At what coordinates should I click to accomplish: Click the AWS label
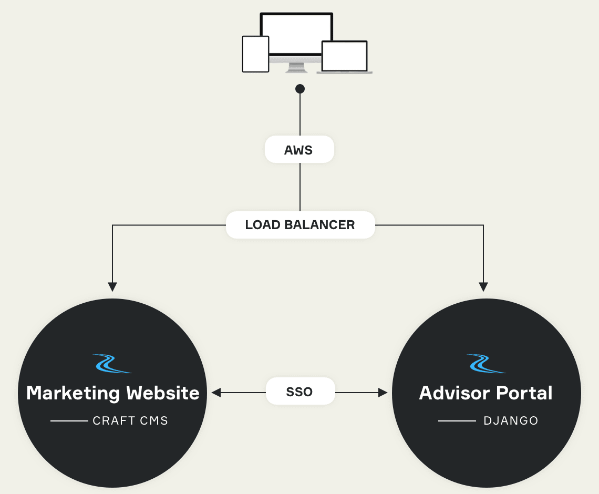click(x=299, y=150)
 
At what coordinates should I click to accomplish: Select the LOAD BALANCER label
click(x=300, y=225)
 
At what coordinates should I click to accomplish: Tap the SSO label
click(x=299, y=392)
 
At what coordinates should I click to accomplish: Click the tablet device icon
click(x=255, y=54)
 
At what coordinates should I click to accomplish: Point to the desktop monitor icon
click(x=297, y=34)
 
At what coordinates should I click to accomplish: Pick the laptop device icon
click(x=345, y=57)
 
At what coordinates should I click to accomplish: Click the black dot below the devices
click(x=300, y=88)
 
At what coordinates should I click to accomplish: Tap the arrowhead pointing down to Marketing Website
click(x=112, y=286)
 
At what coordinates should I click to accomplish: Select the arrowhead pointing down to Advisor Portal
click(x=483, y=286)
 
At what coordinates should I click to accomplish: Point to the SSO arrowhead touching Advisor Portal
click(x=383, y=392)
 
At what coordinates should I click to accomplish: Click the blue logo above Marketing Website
click(x=112, y=363)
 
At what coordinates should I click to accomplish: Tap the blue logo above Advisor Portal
click(x=486, y=363)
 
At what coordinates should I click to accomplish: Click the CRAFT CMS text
click(x=130, y=421)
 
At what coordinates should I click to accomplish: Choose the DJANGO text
click(x=511, y=421)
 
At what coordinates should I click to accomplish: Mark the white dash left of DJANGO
click(x=457, y=421)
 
